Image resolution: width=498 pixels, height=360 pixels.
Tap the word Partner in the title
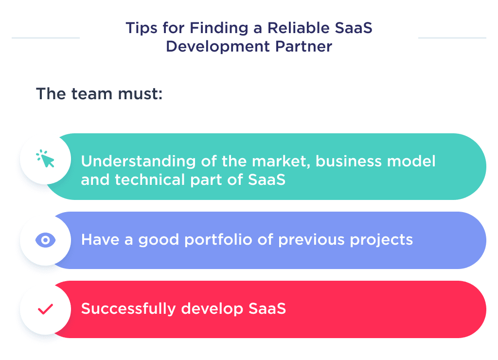pyautogui.click(x=304, y=47)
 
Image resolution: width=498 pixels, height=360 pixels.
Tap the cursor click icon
pyautogui.click(x=46, y=159)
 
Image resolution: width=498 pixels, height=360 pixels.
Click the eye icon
pyautogui.click(x=46, y=240)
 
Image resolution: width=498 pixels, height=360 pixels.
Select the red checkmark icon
pyautogui.click(x=46, y=309)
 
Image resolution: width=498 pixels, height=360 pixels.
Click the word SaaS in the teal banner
pyautogui.click(x=267, y=180)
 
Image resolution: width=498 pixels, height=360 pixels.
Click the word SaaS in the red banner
pyautogui.click(x=267, y=309)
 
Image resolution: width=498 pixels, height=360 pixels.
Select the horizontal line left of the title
pyautogui.click(x=45, y=37)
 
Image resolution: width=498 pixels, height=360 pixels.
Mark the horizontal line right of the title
pyautogui.click(x=452, y=37)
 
